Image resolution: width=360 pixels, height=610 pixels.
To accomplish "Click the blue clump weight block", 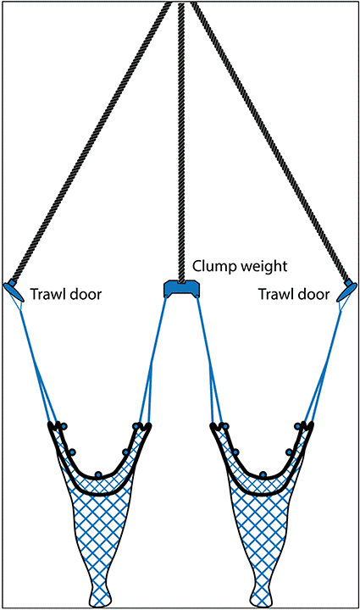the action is click(181, 288).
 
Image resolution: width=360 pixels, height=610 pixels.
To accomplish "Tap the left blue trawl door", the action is click(14, 291).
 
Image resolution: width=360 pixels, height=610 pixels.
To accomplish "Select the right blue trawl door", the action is click(346, 291).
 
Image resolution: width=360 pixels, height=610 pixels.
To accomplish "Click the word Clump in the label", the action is click(214, 267).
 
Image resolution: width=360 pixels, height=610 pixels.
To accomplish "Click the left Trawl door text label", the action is click(66, 294).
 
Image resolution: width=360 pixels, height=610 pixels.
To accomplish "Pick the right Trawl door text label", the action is click(294, 294).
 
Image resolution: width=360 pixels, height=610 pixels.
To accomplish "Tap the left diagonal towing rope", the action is click(91, 142).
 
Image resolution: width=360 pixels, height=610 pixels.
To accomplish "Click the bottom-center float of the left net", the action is click(98, 474).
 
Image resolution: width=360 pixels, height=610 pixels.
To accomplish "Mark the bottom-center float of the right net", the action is click(263, 474).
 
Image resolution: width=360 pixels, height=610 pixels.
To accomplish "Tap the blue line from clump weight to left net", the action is click(157, 360).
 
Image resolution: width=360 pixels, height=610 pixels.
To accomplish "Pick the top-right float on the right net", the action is click(298, 426).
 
